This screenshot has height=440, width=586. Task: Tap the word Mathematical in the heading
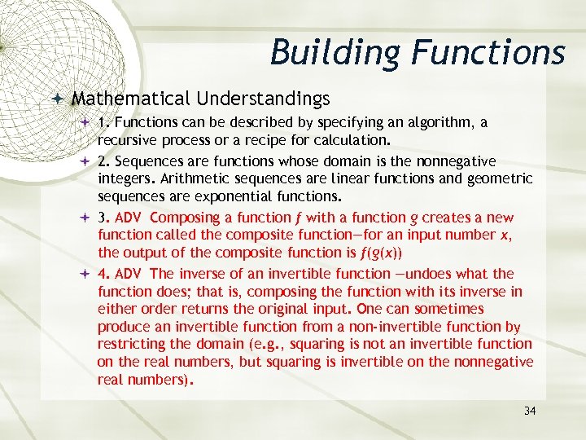coord(130,99)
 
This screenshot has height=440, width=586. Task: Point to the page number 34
coord(530,411)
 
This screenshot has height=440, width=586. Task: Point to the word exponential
coord(229,196)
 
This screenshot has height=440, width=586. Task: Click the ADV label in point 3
coord(129,218)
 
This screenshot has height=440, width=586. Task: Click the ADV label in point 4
coord(129,274)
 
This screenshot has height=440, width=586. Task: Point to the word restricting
coord(133,344)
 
